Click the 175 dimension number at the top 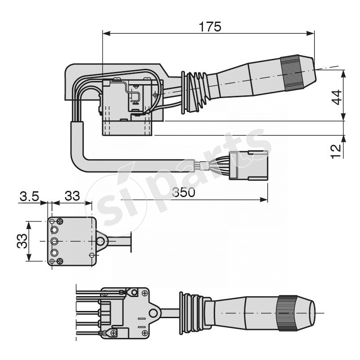pyautogui.click(x=210, y=27)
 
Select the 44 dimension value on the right pyautogui.click(x=336, y=97)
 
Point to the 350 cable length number pyautogui.click(x=184, y=193)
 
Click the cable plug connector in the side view pyautogui.click(x=248, y=166)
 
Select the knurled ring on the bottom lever pyautogui.click(x=287, y=313)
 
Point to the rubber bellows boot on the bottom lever pyautogui.click(x=192, y=313)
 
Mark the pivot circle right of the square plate pyautogui.click(x=100, y=241)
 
